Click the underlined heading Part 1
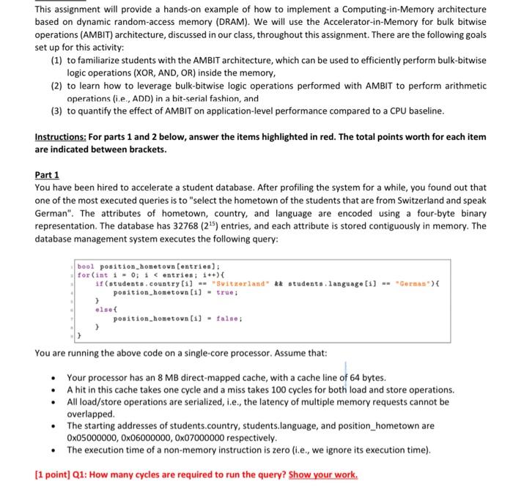coord(47,175)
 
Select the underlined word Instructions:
coord(61,137)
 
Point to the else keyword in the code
coord(105,310)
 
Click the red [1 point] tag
coord(55,474)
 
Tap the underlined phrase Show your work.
coord(323,474)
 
